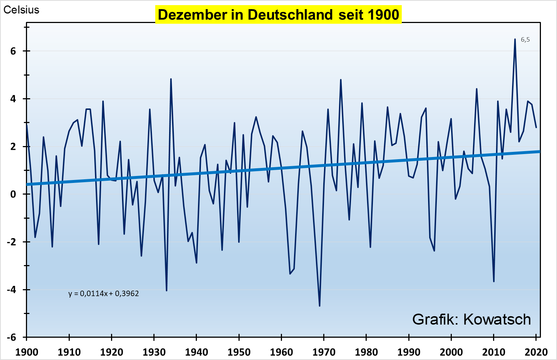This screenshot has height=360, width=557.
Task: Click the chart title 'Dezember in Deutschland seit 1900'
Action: (x=278, y=15)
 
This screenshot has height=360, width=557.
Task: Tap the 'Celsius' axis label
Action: (x=21, y=10)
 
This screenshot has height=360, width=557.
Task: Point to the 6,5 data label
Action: (x=525, y=39)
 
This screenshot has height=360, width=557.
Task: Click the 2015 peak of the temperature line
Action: (x=515, y=39)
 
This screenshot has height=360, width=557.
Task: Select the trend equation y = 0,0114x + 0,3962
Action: (x=104, y=294)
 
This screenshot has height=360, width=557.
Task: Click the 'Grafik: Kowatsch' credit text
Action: (x=472, y=319)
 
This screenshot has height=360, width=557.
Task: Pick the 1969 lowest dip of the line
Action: (x=320, y=306)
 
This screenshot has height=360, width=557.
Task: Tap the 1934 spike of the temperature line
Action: (x=171, y=79)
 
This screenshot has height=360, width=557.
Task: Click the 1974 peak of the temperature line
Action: (x=341, y=80)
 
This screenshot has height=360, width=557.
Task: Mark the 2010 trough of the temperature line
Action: (x=494, y=281)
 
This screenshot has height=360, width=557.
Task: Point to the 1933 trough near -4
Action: (x=167, y=290)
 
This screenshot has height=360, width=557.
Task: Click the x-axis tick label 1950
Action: (x=239, y=352)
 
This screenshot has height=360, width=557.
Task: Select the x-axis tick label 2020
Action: (x=536, y=352)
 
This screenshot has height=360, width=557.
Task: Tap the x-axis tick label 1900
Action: (x=27, y=352)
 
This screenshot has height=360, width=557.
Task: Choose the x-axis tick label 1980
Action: (x=366, y=352)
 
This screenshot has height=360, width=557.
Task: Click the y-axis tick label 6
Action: (x=14, y=51)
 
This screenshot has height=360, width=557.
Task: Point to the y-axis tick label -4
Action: (x=12, y=290)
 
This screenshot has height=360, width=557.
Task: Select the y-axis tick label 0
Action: (x=14, y=194)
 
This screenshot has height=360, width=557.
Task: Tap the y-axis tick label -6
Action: (x=12, y=337)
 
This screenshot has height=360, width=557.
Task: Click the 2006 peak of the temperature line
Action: (x=477, y=89)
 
